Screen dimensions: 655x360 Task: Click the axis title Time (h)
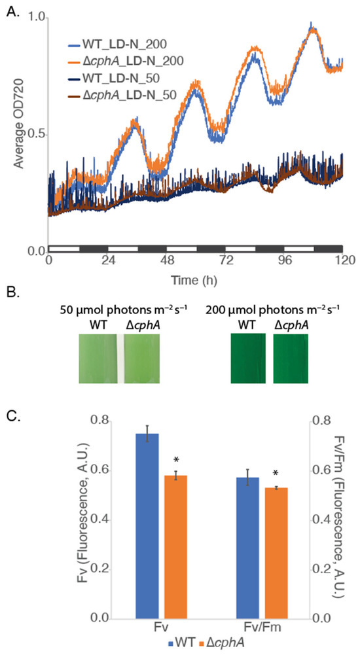[x=194, y=279]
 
